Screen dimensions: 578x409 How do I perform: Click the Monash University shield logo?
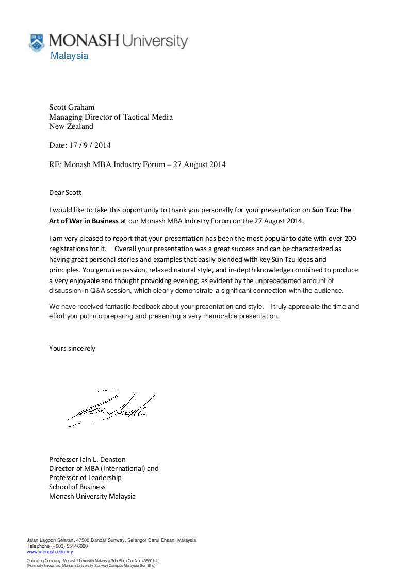pyautogui.click(x=36, y=42)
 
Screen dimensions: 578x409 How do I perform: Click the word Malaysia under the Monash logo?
pyautogui.click(x=69, y=56)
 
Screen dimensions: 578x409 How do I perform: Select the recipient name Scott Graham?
pyautogui.click(x=72, y=107)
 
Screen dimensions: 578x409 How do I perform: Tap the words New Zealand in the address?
pyautogui.click(x=71, y=126)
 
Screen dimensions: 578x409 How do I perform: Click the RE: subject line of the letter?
pyautogui.click(x=137, y=165)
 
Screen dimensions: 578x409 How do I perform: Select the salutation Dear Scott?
pyautogui.click(x=65, y=193)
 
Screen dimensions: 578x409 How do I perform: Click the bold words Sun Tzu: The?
pyautogui.click(x=332, y=210)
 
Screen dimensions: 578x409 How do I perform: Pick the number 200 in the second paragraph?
pyautogui.click(x=350, y=239)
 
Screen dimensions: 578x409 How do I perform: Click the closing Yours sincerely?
pyautogui.click(x=72, y=348)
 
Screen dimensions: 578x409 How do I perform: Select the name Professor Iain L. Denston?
pyautogui.click(x=87, y=459)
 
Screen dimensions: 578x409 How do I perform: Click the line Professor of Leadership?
pyautogui.click(x=85, y=477)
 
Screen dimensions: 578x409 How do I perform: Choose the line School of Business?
pyautogui.click(x=77, y=487)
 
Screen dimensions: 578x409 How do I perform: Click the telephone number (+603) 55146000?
pyautogui.click(x=69, y=546)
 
